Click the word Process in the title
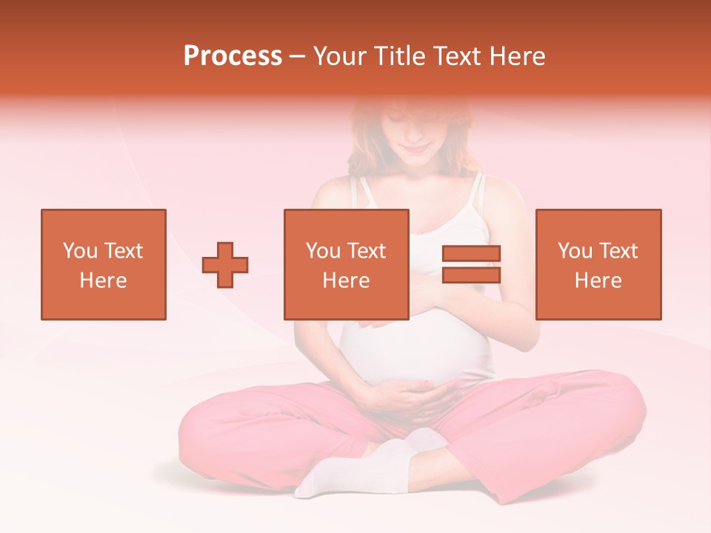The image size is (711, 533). pyautogui.click(x=233, y=56)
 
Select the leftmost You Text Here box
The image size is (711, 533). pyautogui.click(x=103, y=264)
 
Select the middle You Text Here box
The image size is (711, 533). pyautogui.click(x=346, y=264)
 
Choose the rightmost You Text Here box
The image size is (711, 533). pyautogui.click(x=598, y=264)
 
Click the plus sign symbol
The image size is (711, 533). pyautogui.click(x=225, y=265)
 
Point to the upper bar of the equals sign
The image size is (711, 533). pyautogui.click(x=471, y=253)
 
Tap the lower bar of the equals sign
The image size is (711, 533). pyautogui.click(x=471, y=275)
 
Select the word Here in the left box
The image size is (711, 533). pyautogui.click(x=103, y=281)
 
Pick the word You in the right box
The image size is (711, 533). pyautogui.click(x=575, y=251)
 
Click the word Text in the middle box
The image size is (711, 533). pyautogui.click(x=366, y=251)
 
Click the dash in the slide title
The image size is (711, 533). pyautogui.click(x=297, y=56)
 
